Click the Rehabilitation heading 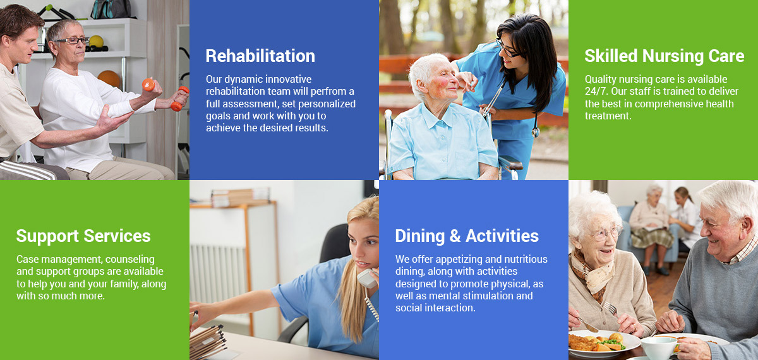(260, 56)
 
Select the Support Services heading (83, 236)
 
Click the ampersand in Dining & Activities (455, 236)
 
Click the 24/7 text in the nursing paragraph (596, 92)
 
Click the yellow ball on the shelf (97, 41)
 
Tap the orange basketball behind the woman (109, 78)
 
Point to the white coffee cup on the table (658, 347)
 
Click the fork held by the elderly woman (610, 308)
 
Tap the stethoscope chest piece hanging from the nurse (536, 131)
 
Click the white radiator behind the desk (219, 273)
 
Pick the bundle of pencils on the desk (207, 342)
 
